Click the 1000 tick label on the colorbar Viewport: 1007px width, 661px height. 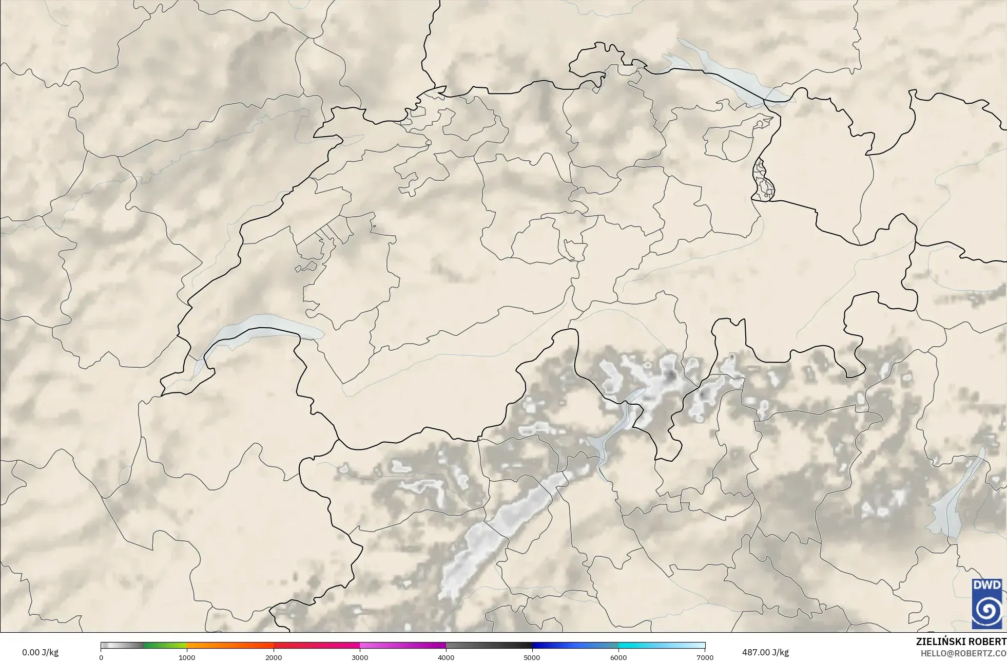pos(187,657)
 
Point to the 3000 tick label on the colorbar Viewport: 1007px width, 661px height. pos(360,657)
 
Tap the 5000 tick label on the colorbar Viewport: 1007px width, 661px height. pos(532,657)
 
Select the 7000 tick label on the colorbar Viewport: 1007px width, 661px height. pos(705,657)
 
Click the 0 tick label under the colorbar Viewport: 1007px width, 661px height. pos(101,657)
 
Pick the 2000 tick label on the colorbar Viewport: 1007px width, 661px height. pos(274,657)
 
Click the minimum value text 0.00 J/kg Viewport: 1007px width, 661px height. pos(40,652)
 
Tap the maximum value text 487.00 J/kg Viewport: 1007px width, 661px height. pos(765,652)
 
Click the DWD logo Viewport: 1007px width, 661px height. pos(986,603)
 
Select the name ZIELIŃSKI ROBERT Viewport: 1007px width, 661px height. pos(961,641)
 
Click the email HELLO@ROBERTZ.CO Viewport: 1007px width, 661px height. pos(963,653)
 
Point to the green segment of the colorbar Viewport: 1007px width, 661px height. pos(164,646)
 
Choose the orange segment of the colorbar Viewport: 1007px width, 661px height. pos(231,646)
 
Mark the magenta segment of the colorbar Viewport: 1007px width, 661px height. pos(403,646)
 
